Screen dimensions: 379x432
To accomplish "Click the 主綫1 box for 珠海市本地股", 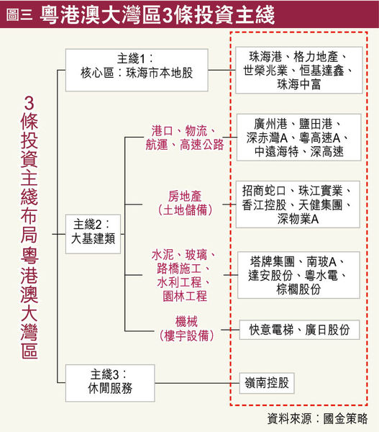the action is pos(137,70).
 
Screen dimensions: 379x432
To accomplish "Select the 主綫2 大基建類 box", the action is pos(93,234).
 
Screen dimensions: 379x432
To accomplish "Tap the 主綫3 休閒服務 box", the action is pos(110,383).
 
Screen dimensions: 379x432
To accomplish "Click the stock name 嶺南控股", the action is pos(267,383).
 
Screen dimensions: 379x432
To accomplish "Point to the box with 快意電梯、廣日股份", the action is pos(299,330).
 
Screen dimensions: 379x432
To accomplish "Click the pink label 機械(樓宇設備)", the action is pos(187,329).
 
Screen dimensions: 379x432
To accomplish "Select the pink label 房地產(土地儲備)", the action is pos(186,203).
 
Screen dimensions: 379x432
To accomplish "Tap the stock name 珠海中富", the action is pos(299,84).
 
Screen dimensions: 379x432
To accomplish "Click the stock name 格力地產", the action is pos(316,57).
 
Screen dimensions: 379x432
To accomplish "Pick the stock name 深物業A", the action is pos(298,219).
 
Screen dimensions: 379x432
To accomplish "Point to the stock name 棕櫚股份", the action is pos(298,289).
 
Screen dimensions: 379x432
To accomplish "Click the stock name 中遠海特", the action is pos(277,151).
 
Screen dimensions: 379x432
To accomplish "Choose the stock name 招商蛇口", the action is pos(264,191).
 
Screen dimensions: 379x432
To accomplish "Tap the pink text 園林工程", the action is pos(185,297).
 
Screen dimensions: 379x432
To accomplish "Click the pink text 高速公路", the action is pos(202,145).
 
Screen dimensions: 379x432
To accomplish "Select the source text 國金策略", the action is pos(345,418).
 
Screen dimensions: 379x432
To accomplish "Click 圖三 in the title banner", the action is pos(19,14).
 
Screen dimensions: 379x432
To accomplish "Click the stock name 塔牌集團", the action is pos(273,262).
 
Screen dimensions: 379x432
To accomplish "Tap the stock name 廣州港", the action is pos(270,124).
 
